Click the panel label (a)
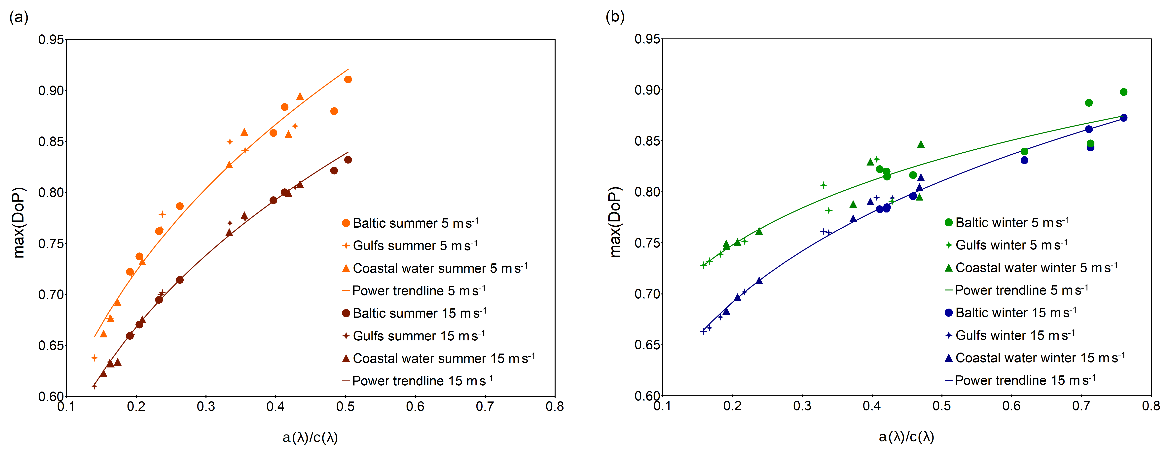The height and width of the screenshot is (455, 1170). tap(19, 18)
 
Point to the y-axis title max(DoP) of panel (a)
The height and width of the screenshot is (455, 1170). tap(19, 222)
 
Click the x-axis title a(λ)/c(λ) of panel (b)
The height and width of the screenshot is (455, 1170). tap(906, 437)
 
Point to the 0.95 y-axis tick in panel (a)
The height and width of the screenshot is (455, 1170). tap(51, 40)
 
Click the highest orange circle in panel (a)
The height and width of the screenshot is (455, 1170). tap(348, 79)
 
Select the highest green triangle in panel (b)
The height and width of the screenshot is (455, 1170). tap(921, 144)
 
